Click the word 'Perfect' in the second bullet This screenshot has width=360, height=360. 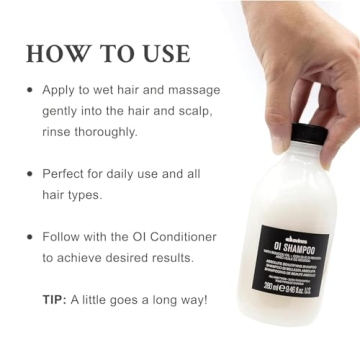[x=64, y=173]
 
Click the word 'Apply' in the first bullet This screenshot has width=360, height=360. [x=59, y=89]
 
